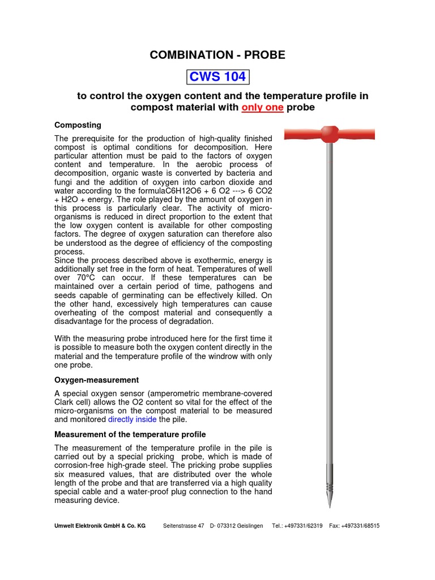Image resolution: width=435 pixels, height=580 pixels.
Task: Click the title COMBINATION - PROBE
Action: tap(217, 55)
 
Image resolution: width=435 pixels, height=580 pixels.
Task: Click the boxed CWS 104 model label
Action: tap(217, 76)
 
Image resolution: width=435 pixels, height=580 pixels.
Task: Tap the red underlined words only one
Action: tap(262, 108)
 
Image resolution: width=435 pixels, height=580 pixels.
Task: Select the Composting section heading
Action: tap(78, 125)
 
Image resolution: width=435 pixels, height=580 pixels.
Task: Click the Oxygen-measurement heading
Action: tap(96, 380)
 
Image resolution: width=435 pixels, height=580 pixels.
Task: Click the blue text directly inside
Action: tap(132, 420)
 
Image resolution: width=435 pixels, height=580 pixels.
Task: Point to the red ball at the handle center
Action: tap(329, 134)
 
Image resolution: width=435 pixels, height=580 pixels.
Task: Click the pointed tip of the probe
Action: tap(329, 505)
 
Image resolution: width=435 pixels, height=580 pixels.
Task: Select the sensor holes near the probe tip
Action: tap(329, 487)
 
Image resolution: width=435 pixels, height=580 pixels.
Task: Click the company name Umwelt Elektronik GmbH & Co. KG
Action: tap(100, 526)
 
